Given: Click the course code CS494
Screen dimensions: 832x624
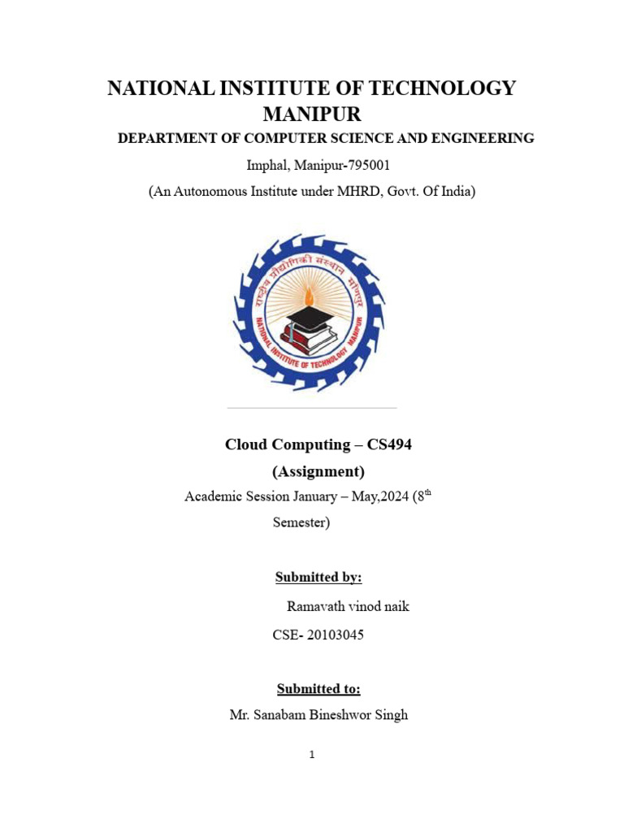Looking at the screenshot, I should click(x=390, y=444).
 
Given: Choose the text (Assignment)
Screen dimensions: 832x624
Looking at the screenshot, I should click(x=318, y=471).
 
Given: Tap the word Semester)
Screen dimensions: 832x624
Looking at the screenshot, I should click(x=301, y=523).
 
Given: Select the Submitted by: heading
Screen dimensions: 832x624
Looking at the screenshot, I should click(x=318, y=577).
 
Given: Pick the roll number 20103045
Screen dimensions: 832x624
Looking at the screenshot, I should click(x=333, y=635).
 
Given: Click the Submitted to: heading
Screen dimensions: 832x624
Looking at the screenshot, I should click(x=318, y=689).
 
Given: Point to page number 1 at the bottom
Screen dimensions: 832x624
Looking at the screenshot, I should click(x=311, y=755).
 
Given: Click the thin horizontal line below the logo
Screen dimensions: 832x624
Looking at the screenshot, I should click(x=311, y=408).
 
